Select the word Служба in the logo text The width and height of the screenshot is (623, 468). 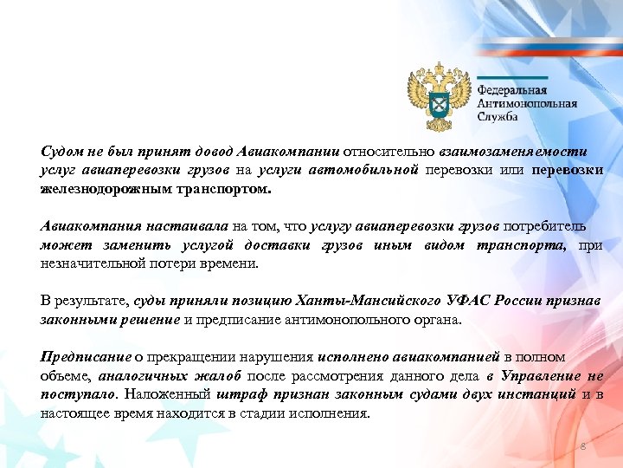pyautogui.click(x=498, y=116)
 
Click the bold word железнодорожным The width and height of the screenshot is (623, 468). pyautogui.click(x=96, y=190)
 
